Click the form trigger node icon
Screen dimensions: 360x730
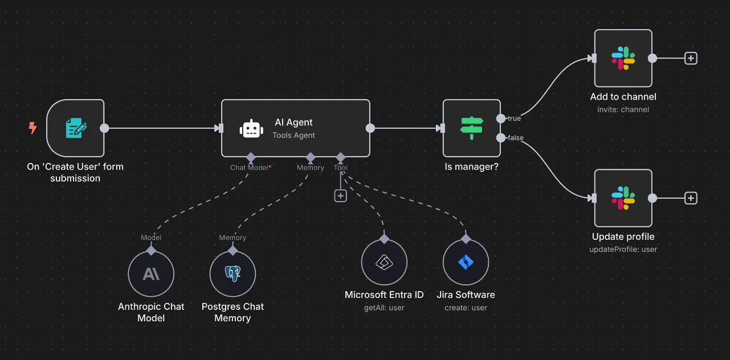[x=76, y=128]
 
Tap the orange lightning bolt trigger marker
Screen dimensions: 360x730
[x=32, y=128]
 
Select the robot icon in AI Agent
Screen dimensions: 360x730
[x=252, y=129]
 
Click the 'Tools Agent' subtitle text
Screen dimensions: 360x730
[x=293, y=135]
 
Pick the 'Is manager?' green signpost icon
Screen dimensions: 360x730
[x=471, y=128]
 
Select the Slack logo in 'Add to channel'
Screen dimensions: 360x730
[x=623, y=58]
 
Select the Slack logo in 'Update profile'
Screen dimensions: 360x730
[x=623, y=198]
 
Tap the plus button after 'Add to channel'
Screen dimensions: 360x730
[x=691, y=58]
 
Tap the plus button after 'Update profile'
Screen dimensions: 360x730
[x=691, y=198]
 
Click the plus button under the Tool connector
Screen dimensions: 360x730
[x=340, y=195]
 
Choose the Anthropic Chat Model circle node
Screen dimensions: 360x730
[x=151, y=274]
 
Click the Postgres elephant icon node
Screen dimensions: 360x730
[x=233, y=274]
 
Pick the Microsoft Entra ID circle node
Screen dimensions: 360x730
[x=384, y=263]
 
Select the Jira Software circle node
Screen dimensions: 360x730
[x=466, y=263]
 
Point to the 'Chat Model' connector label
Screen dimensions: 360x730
[x=250, y=167]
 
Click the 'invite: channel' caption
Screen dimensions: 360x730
[x=623, y=109]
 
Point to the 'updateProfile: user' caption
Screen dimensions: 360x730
[x=623, y=249]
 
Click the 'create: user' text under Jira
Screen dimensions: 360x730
[x=466, y=308]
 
